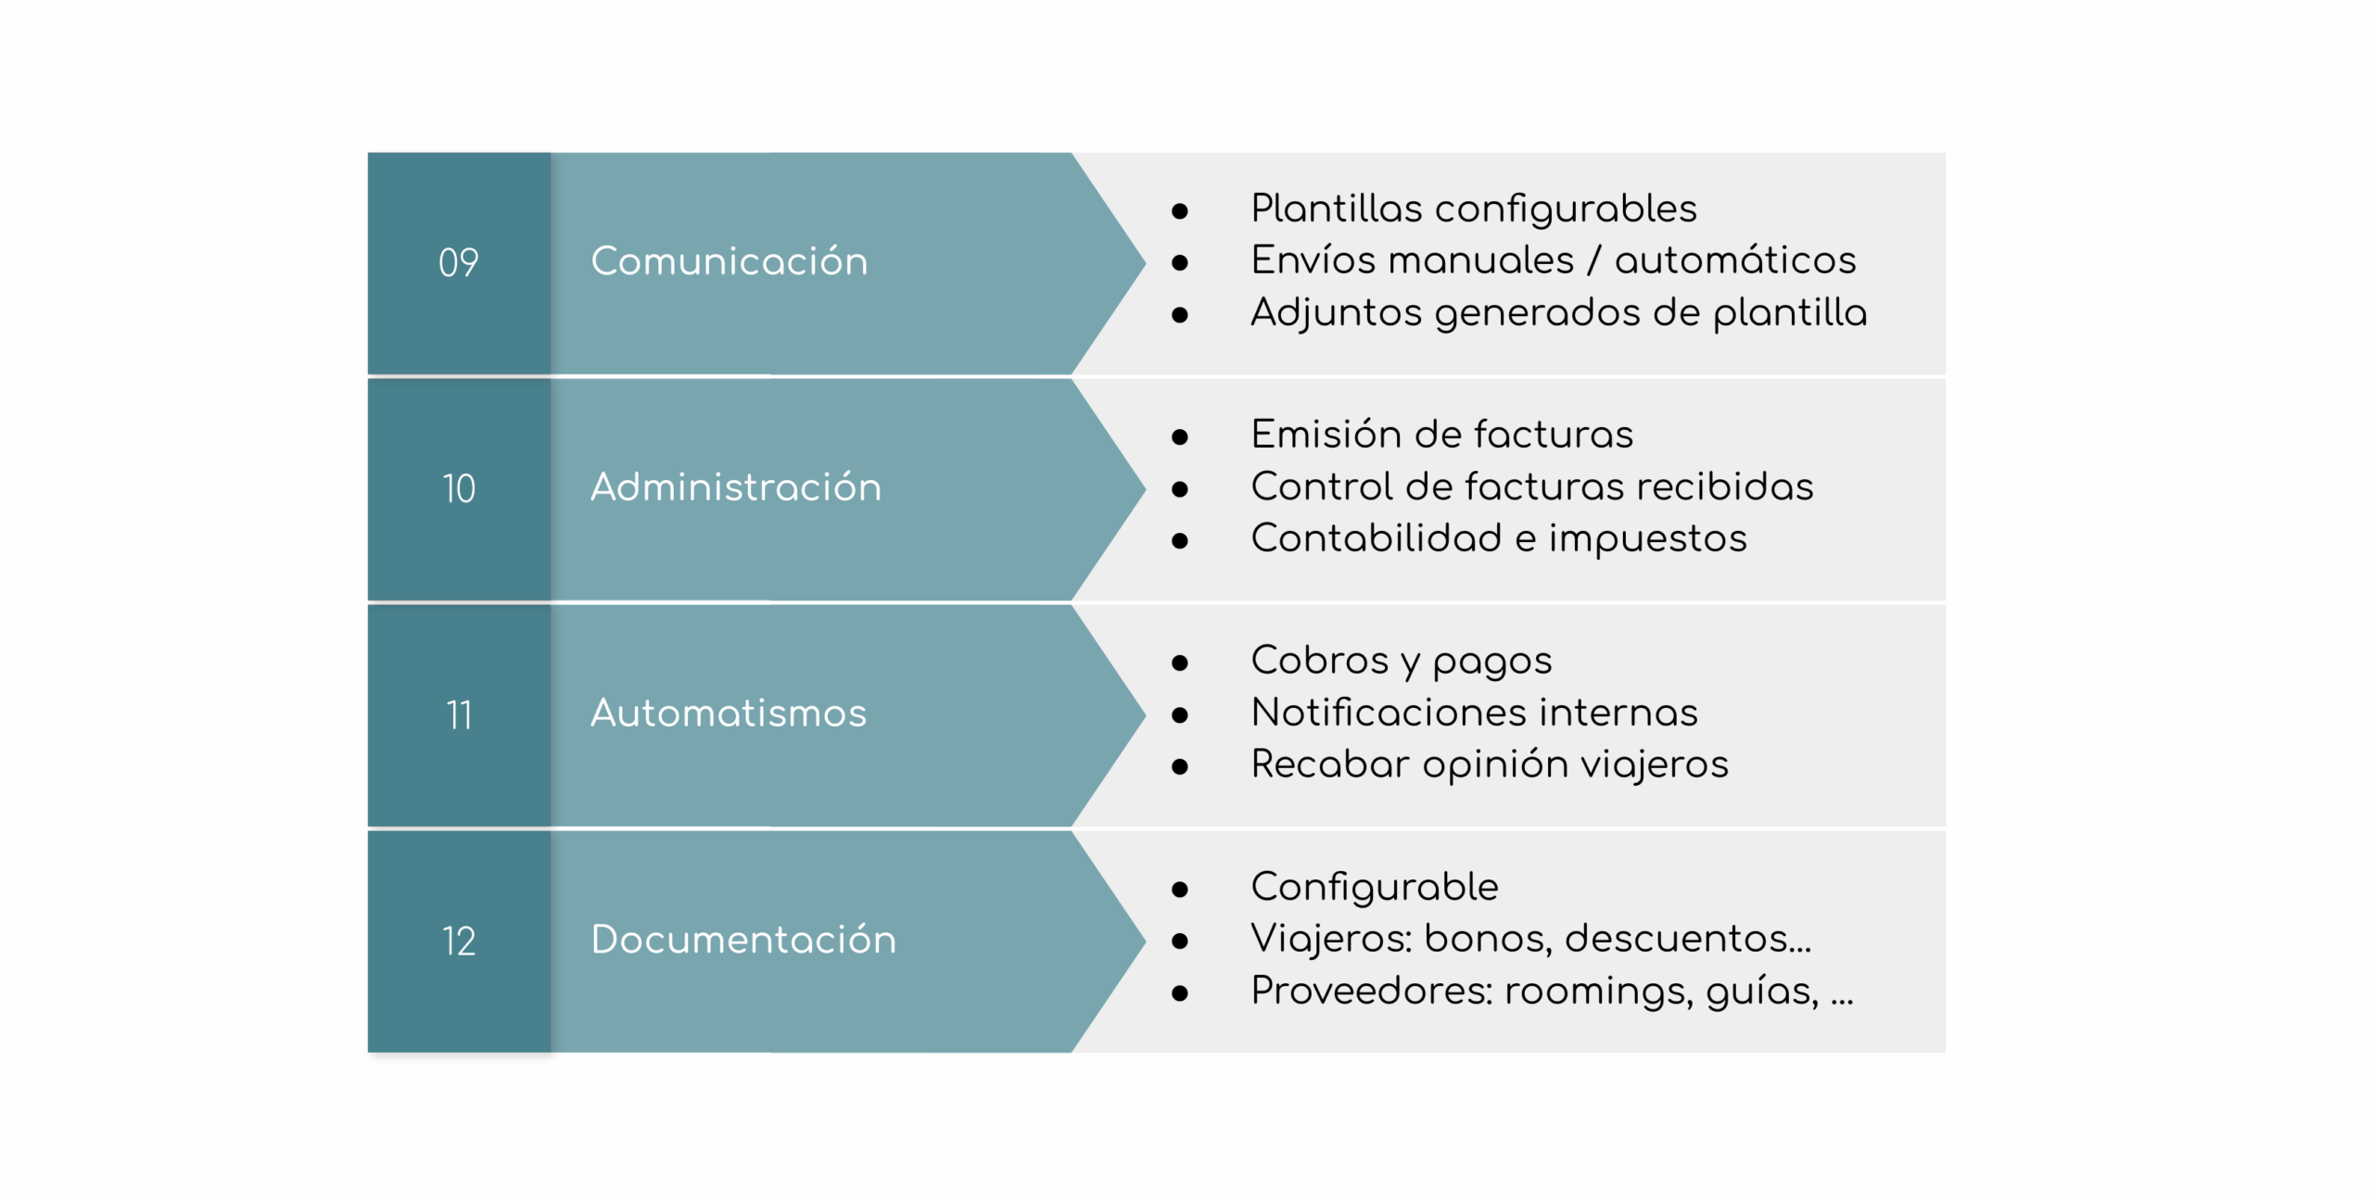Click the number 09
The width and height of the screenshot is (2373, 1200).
pos(458,263)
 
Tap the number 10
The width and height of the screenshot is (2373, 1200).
pos(458,488)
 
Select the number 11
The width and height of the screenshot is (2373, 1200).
pos(458,714)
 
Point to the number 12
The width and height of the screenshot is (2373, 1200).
pos(458,941)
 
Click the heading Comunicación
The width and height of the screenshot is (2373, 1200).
pos(730,260)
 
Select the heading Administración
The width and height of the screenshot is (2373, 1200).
pos(736,486)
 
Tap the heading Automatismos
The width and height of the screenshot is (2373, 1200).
pos(729,713)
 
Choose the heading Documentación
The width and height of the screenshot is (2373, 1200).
pos(743,939)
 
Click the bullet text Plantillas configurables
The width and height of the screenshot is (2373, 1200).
pos(1474,209)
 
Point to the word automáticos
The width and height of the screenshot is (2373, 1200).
pos(1735,259)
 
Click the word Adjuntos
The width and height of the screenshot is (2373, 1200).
pos(1336,313)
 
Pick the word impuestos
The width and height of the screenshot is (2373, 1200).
pos(1647,539)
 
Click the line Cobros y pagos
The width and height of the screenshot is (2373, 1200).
pos(1402,662)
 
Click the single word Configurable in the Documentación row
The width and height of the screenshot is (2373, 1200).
pos(1375,888)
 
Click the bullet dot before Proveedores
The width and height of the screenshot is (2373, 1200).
pos(1180,993)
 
